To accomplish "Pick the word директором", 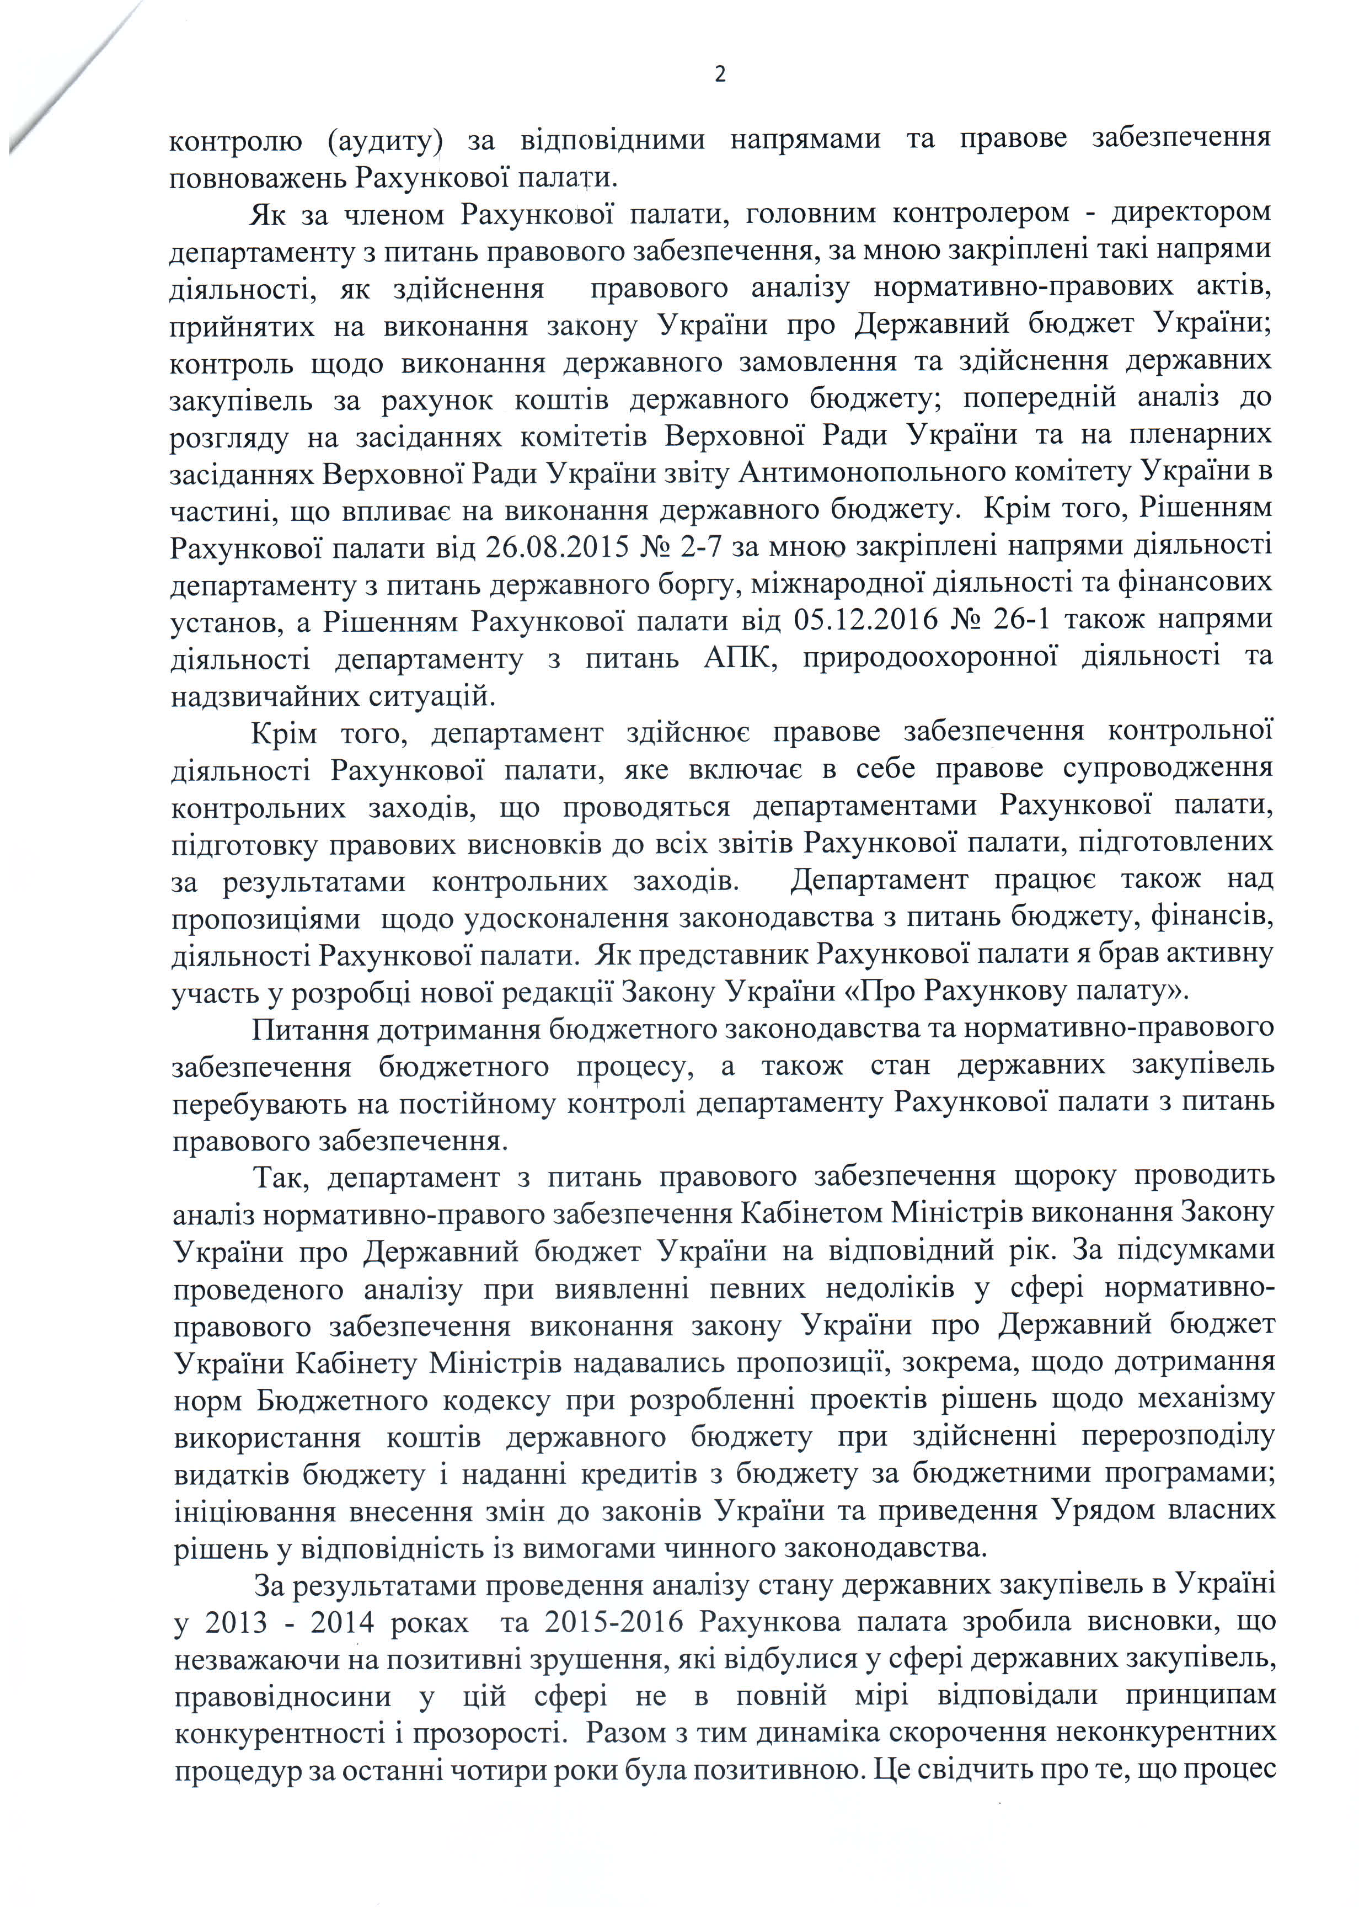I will point(1191,212).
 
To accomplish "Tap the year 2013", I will point(236,1622).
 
